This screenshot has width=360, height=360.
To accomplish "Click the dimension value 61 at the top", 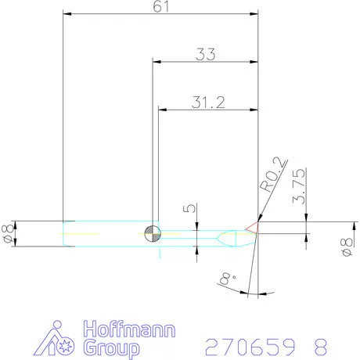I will point(161,7).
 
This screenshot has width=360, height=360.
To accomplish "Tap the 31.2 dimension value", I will point(207,102).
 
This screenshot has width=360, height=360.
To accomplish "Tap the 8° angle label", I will point(228,277).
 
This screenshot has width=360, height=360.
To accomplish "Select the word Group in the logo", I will point(111,347).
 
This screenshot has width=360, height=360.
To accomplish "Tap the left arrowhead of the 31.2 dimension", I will point(164,109).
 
